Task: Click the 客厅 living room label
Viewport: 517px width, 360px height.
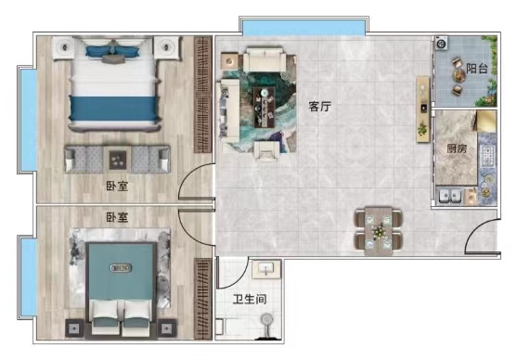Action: [x=319, y=107]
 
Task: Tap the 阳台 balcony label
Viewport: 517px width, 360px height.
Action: [x=477, y=69]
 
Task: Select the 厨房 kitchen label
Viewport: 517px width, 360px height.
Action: [x=457, y=148]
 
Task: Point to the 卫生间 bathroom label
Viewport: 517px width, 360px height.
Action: [x=250, y=300]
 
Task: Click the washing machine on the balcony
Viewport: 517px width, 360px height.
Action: [x=441, y=44]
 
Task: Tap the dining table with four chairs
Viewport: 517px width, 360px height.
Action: [x=378, y=231]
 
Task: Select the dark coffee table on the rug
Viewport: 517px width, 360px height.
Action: [x=264, y=107]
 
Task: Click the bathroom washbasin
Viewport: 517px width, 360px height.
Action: [x=266, y=269]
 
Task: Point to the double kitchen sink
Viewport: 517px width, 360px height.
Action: [x=450, y=197]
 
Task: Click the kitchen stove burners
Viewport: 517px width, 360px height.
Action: [x=487, y=156]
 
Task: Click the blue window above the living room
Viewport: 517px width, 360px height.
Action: [x=304, y=27]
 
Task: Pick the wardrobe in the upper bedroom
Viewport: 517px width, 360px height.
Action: [x=202, y=95]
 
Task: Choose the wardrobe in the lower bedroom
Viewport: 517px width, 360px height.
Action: [x=202, y=299]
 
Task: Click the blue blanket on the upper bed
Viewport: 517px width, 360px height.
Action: [x=113, y=109]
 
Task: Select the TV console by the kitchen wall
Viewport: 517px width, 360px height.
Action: [x=422, y=109]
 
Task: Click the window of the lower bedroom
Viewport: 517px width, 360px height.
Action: [x=28, y=276]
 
